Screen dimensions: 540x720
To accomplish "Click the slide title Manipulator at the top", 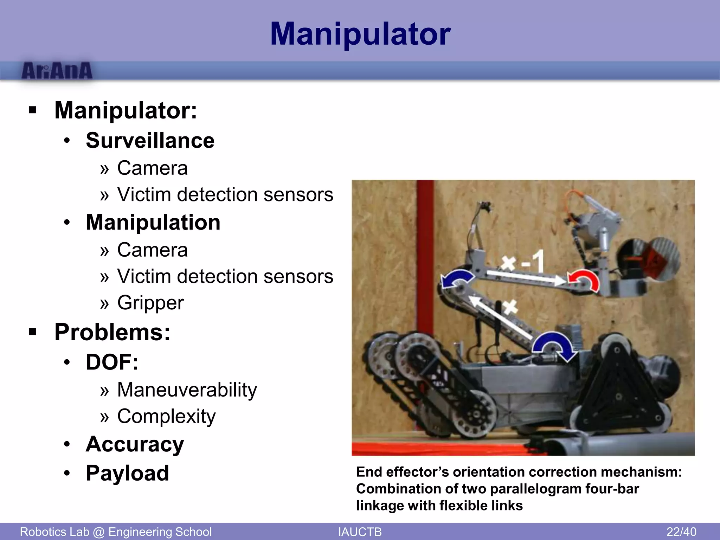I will coord(360,34).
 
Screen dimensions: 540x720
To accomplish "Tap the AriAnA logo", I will coord(57,71).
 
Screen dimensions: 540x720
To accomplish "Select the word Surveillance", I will coord(150,141).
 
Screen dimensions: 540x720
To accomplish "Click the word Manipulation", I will coord(153,223).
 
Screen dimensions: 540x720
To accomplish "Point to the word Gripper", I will coord(150,303).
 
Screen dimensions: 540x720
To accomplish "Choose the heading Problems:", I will coord(112,332).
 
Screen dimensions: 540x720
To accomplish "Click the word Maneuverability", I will coord(187,390).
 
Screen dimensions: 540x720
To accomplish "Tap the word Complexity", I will coord(166,417).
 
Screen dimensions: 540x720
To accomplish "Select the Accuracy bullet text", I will coord(135,444).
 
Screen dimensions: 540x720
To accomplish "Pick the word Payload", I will coord(128,473).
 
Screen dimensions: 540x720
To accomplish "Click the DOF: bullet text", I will coord(112,362).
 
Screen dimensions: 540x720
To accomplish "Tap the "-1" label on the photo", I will coord(533,262).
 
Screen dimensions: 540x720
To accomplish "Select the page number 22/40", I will coord(681,532).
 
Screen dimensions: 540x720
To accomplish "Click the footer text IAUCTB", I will coord(360,532).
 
